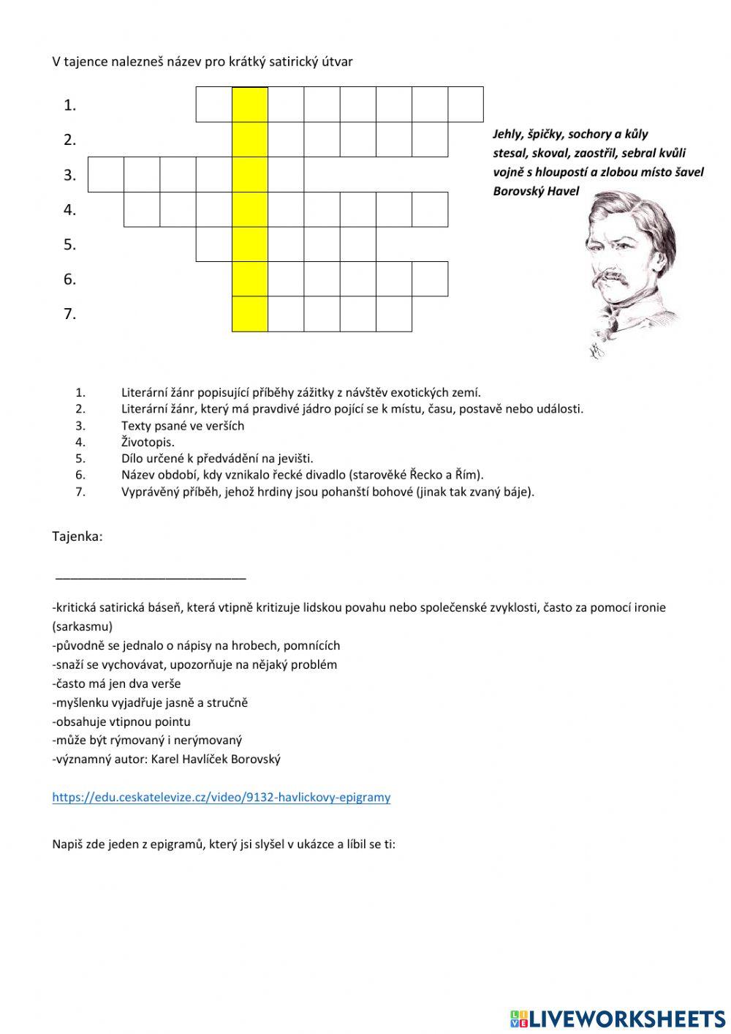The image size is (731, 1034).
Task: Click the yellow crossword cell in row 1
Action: pos(250,104)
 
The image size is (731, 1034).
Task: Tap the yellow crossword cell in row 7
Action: pos(250,314)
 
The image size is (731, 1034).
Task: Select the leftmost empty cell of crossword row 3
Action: pos(106,174)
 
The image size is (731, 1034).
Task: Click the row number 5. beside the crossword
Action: pos(69,244)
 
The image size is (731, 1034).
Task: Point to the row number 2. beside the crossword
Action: pos(69,140)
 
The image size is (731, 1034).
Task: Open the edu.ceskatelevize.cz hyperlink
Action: pos(221,797)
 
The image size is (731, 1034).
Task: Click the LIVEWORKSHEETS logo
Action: pos(618,1018)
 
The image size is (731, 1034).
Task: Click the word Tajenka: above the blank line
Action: pos(77,536)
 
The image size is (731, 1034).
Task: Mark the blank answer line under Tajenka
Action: pos(151,578)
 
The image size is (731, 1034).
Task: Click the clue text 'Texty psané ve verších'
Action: pos(183,425)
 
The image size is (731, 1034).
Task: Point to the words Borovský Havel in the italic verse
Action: pos(536,192)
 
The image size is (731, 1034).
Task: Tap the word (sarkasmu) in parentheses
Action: pos(83,626)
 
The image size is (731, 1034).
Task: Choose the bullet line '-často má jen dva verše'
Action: pos(116,683)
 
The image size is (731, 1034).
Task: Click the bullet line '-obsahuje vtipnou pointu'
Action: pos(121,722)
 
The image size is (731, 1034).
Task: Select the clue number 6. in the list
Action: pos(80,475)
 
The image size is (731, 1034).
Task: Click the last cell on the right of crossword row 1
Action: pos(466,104)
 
